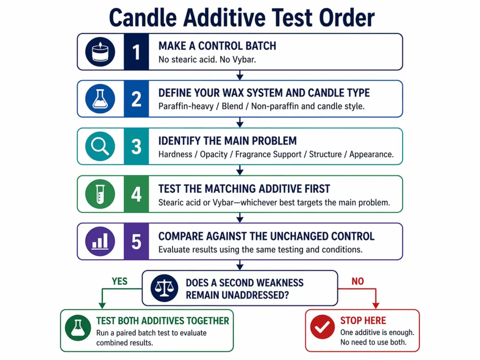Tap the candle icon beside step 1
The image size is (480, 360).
point(99,52)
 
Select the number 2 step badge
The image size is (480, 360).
point(136,99)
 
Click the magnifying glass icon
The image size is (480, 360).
point(99,146)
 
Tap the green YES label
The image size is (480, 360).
point(120,281)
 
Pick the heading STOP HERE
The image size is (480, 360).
point(363,321)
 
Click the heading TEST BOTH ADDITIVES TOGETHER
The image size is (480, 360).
point(163,321)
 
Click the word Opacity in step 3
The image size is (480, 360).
point(214,154)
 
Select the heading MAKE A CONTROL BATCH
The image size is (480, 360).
point(217,46)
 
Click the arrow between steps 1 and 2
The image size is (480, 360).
point(240,75)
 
